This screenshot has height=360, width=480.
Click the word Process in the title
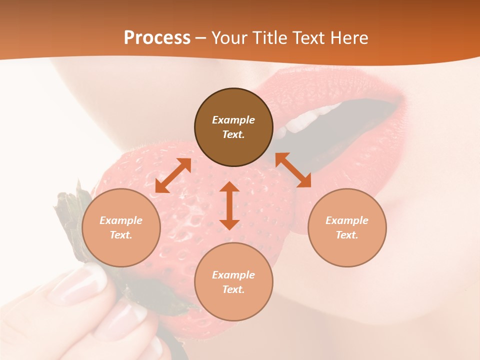click(157, 38)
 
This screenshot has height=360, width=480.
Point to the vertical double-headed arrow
click(229, 205)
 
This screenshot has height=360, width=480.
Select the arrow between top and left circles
click(173, 175)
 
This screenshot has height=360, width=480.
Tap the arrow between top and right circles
click(293, 170)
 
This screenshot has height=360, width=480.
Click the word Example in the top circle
click(233, 120)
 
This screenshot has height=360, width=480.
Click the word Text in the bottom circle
click(233, 290)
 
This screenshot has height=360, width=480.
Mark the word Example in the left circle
click(121, 220)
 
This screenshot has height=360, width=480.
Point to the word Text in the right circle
click(347, 235)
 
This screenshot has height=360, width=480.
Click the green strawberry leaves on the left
click(70, 220)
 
